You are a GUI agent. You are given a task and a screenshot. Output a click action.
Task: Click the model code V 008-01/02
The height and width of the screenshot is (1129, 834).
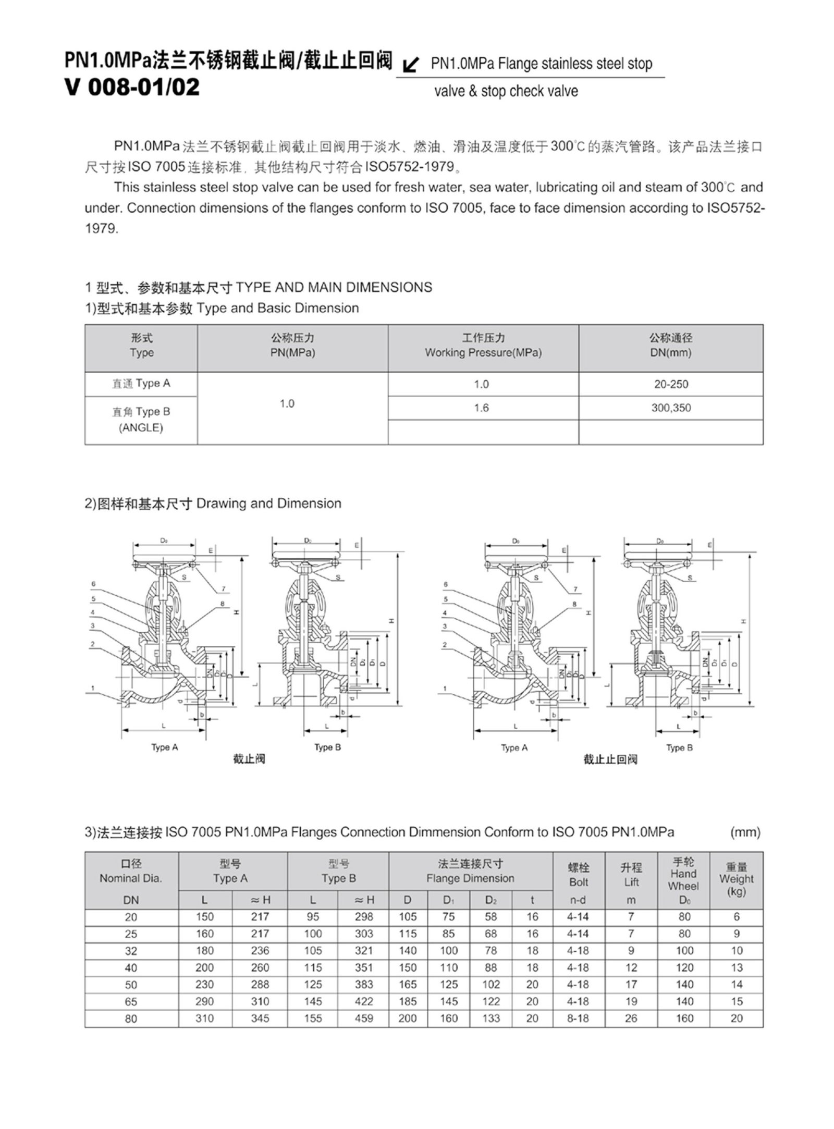point(132,87)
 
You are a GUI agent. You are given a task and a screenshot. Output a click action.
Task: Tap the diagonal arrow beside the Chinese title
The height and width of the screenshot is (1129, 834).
point(411,65)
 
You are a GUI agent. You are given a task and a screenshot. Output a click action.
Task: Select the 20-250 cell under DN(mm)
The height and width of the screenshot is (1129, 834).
point(671,384)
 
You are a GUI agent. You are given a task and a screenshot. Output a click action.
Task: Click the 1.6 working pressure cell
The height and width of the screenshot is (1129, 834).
point(481,408)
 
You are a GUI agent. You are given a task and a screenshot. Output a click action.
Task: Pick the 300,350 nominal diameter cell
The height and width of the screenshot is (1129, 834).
point(671,408)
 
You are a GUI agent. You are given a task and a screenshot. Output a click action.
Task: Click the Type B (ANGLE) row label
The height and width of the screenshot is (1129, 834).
point(141,420)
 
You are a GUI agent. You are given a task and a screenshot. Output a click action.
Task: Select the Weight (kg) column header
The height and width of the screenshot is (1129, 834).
point(736,879)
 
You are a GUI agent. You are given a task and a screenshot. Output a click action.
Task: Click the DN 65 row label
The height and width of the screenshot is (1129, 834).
point(131,1002)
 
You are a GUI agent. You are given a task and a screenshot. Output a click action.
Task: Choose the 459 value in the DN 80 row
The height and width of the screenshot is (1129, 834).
point(363,1018)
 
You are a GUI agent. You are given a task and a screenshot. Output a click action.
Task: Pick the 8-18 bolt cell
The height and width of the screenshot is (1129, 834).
point(578,1018)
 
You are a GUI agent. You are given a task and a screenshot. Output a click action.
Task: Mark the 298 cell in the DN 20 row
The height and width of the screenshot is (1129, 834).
point(363,917)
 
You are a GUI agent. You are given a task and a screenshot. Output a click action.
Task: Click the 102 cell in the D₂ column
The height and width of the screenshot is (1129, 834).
point(490,985)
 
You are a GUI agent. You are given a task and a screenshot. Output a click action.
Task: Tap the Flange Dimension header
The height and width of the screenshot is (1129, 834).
point(470,879)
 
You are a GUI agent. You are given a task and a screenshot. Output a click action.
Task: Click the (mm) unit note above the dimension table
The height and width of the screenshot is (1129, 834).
point(745,832)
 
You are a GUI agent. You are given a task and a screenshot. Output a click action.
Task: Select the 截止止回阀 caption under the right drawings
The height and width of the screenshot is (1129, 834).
point(610,759)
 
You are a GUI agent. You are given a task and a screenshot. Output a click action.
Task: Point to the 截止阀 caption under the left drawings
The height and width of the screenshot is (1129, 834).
point(249,759)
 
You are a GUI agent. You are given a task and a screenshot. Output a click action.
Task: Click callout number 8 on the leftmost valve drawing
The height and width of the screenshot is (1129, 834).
point(222,604)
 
